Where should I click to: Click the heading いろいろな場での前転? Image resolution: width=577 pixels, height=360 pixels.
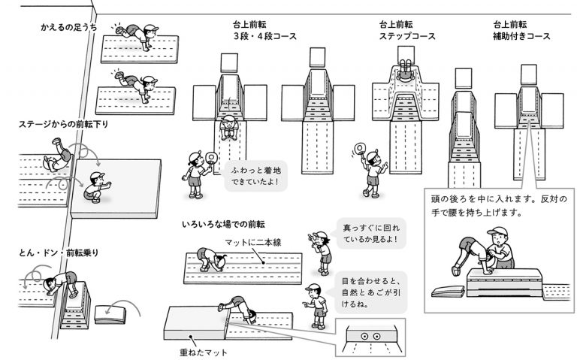tap(222, 224)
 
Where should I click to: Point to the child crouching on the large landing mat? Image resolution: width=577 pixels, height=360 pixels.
tap(95, 189)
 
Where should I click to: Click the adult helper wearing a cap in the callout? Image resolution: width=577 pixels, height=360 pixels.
tap(499, 250)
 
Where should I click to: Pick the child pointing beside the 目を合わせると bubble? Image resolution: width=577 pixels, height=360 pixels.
tap(316, 304)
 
